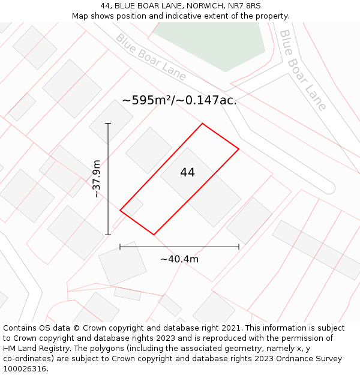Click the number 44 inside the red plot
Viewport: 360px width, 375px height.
click(x=187, y=173)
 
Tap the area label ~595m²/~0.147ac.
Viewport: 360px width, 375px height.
click(x=179, y=100)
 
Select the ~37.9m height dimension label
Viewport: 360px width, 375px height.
click(x=97, y=179)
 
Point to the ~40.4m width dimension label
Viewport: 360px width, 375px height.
click(x=179, y=259)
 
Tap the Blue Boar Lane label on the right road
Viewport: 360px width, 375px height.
click(x=304, y=70)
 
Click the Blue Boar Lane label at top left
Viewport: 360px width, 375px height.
click(x=151, y=57)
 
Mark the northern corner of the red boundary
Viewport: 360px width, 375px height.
click(x=202, y=124)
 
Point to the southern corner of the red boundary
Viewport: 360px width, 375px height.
click(x=154, y=235)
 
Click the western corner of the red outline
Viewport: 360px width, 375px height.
click(x=120, y=211)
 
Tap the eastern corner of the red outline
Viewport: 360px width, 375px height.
click(x=239, y=149)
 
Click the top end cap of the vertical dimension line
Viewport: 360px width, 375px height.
click(x=109, y=124)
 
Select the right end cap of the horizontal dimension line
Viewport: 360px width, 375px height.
click(x=239, y=246)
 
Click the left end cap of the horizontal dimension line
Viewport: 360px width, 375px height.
click(x=120, y=246)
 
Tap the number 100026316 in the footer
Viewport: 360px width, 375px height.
click(x=25, y=368)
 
